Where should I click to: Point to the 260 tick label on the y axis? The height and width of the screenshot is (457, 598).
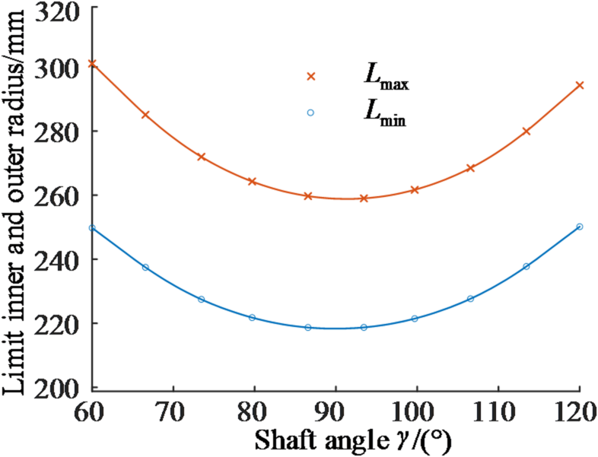point(66,195)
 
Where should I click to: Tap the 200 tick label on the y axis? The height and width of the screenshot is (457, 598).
point(66,389)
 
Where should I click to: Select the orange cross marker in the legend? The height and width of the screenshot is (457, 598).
point(310,76)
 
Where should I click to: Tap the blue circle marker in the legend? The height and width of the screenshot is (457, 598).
point(310,113)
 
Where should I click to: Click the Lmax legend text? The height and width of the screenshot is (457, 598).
point(385,78)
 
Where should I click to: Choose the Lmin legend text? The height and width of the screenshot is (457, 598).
point(383,116)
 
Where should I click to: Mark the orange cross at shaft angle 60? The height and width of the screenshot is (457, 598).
point(93,64)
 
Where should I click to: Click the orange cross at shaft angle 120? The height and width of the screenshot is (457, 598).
point(579,85)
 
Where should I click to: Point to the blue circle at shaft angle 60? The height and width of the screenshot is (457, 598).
point(93,228)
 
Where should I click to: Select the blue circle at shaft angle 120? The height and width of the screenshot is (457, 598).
point(579,227)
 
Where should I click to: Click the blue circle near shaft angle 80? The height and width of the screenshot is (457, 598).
point(252,317)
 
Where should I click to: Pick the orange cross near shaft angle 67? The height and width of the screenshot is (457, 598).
point(145,115)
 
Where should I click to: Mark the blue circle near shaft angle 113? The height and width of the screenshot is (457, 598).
point(526,266)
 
